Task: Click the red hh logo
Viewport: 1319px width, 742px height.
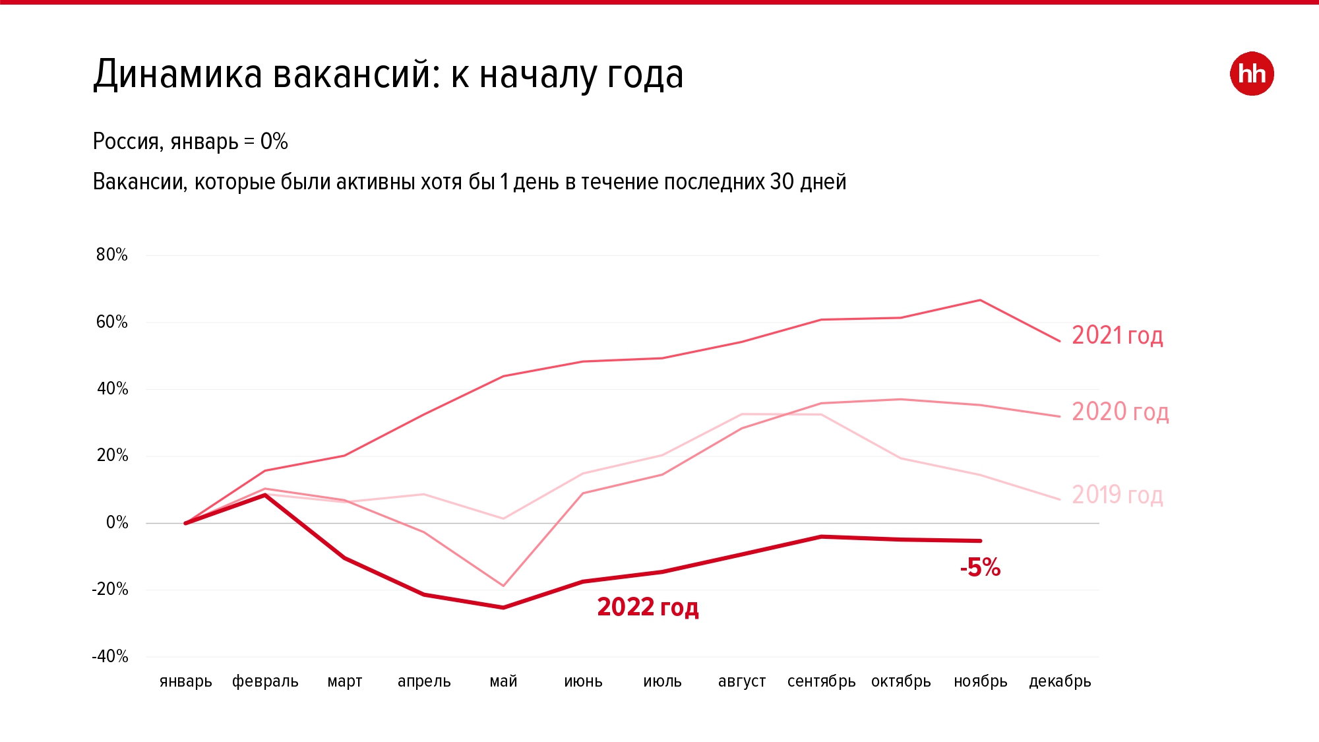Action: pos(1251,74)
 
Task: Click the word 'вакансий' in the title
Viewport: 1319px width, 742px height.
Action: pos(355,74)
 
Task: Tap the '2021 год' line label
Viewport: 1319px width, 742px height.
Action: pos(1117,336)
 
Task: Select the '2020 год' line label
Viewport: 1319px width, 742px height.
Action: pos(1119,412)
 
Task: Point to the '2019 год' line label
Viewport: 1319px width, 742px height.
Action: pos(1117,495)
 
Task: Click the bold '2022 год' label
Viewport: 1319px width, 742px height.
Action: pos(648,607)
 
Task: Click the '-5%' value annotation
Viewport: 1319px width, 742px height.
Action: pos(980,567)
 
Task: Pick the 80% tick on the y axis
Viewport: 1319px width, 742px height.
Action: pos(111,255)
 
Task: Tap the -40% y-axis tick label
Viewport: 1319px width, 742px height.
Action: pos(110,656)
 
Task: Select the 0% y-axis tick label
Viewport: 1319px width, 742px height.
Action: pos(117,523)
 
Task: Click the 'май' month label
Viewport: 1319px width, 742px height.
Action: pos(503,681)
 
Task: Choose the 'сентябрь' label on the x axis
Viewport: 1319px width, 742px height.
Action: pos(821,681)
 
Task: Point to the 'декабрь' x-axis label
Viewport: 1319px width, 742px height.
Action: pos(1060,681)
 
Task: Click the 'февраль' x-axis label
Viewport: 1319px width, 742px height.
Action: pos(265,681)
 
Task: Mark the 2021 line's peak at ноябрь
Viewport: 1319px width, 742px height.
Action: pos(981,301)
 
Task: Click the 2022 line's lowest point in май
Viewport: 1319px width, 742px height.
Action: pos(503,607)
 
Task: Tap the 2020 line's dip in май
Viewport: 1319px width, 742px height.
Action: pos(503,586)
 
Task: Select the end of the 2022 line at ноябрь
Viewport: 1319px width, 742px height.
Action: pos(981,541)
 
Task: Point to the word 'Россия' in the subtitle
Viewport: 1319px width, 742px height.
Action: pos(126,142)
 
